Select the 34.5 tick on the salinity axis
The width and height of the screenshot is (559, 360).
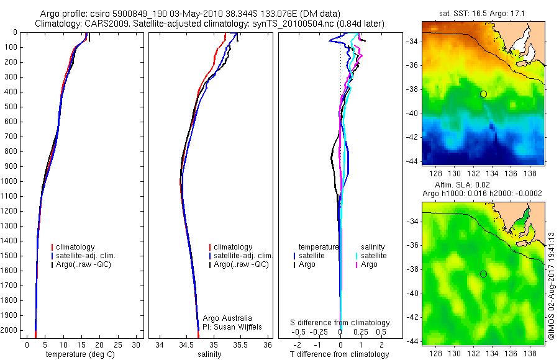(186, 344)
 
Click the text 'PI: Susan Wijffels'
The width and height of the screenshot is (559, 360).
(232, 326)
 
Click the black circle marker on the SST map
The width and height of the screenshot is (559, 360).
(483, 94)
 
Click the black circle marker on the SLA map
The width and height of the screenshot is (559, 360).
(483, 274)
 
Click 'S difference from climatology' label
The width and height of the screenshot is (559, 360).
(340, 323)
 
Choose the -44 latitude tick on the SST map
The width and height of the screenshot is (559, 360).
(414, 161)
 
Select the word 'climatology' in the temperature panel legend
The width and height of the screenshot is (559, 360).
(82, 247)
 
